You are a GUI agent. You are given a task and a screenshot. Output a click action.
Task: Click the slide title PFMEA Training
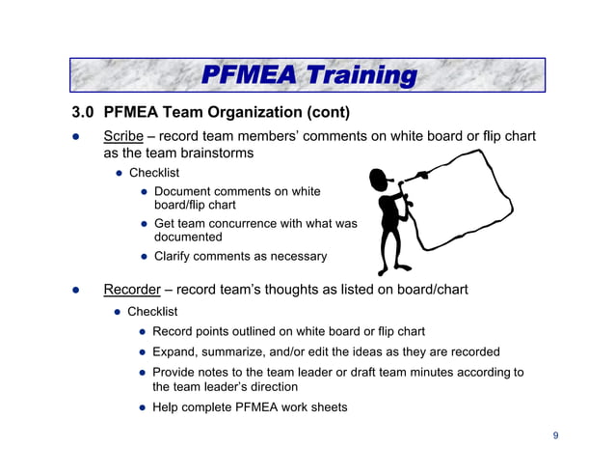click(x=307, y=75)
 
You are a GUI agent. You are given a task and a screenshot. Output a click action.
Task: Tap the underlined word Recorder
click(x=132, y=291)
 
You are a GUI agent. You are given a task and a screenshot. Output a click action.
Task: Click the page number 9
click(x=555, y=435)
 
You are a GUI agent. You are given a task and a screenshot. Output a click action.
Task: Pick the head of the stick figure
click(x=379, y=181)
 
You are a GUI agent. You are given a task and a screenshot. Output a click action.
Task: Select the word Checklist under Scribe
click(x=154, y=173)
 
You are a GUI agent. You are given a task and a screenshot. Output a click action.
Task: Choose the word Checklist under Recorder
click(x=152, y=312)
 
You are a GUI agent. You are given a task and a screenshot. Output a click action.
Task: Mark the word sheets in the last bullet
click(x=329, y=406)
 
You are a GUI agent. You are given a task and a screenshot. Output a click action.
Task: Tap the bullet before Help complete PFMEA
click(x=142, y=406)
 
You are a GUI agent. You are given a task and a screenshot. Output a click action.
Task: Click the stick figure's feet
click(x=395, y=269)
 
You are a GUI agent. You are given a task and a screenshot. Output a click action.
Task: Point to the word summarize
click(x=250, y=351)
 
